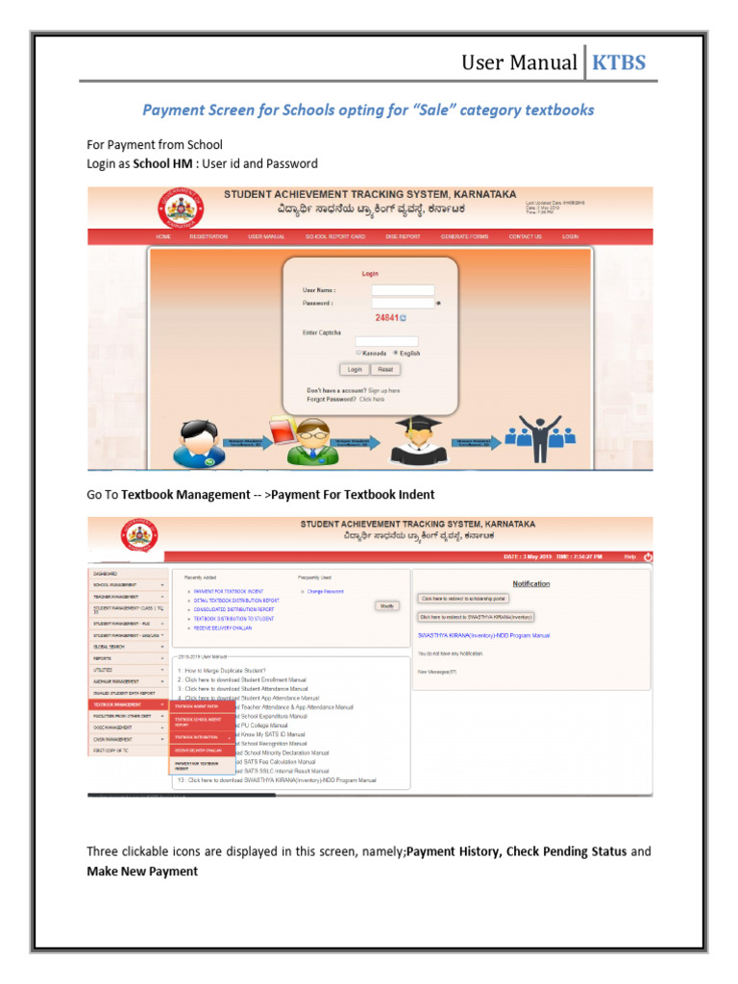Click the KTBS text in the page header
click(x=619, y=63)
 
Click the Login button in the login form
click(x=355, y=369)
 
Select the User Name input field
click(x=403, y=290)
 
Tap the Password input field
click(x=403, y=303)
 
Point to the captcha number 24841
click(x=386, y=317)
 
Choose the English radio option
click(x=396, y=353)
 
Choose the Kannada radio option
click(x=358, y=353)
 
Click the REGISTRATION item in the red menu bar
click(x=209, y=236)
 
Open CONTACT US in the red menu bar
click(x=525, y=236)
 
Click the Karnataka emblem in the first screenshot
click(x=175, y=208)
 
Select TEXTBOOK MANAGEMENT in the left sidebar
click(x=129, y=704)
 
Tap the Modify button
click(x=386, y=605)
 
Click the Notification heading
click(x=531, y=583)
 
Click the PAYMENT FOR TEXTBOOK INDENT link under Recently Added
click(x=229, y=591)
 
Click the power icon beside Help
click(x=648, y=555)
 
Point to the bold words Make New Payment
click(x=142, y=871)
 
